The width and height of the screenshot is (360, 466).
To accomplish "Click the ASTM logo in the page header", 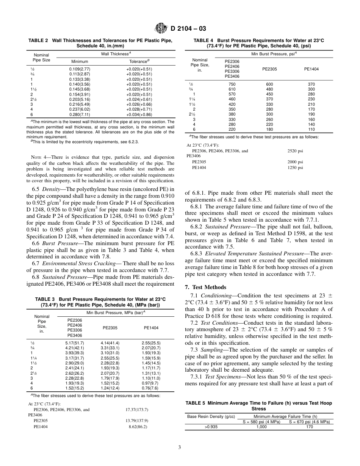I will coord(162,28).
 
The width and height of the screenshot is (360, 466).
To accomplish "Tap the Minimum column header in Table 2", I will coord(80,61).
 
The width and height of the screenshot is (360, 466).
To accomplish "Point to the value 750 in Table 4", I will coord(232,84).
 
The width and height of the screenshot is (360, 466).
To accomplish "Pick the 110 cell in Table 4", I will coord(311,128).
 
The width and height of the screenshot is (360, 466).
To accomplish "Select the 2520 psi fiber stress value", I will coord(295,151).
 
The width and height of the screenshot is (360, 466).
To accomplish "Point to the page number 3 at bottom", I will coord(180,447).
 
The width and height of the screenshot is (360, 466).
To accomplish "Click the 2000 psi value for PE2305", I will coord(295,162).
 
